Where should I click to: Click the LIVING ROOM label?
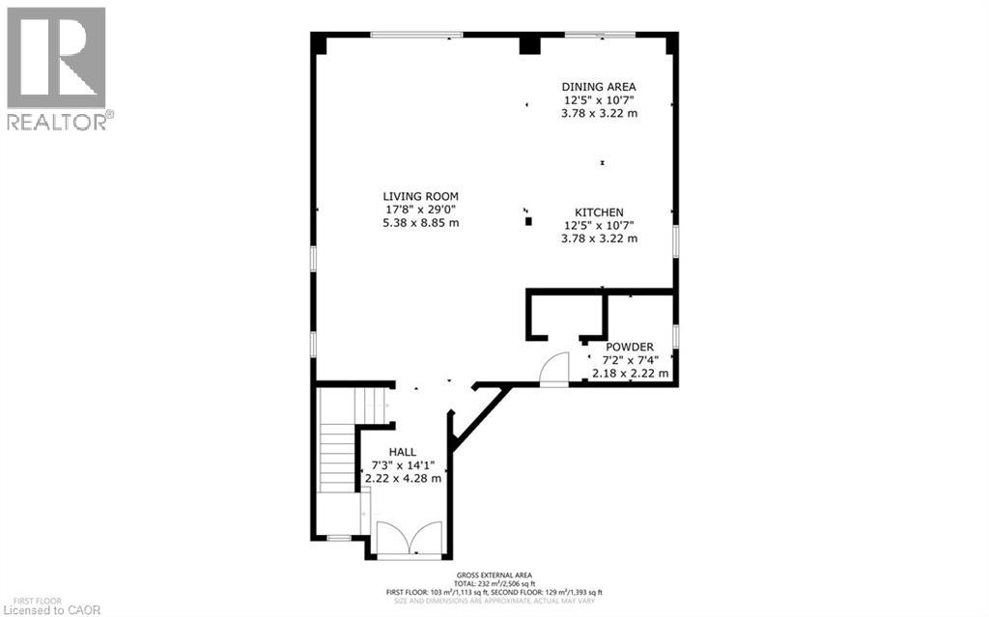click(x=419, y=196)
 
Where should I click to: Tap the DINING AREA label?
click(x=599, y=86)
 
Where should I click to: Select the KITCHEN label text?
click(x=599, y=212)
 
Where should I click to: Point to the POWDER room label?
click(x=630, y=347)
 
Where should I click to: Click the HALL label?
click(x=402, y=452)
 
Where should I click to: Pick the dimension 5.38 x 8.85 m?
click(x=419, y=222)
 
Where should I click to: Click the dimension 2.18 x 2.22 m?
click(x=630, y=373)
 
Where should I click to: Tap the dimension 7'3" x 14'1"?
click(x=402, y=465)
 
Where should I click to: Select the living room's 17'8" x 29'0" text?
click(x=419, y=210)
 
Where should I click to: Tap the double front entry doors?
click(x=410, y=539)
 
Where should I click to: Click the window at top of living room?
click(x=416, y=35)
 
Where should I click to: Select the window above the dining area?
click(x=600, y=35)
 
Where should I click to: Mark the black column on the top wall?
click(x=528, y=44)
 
